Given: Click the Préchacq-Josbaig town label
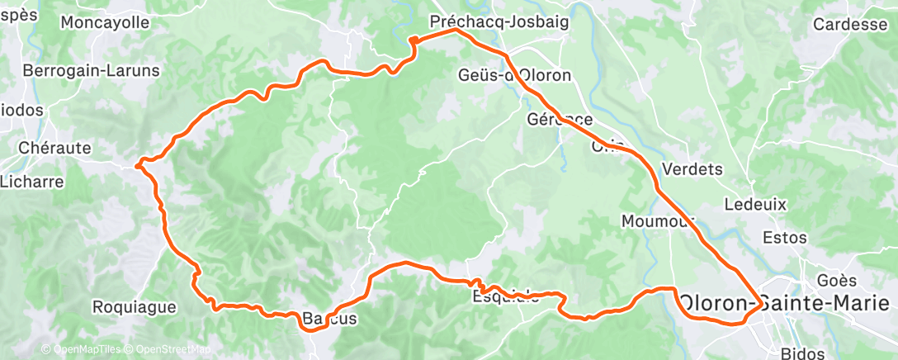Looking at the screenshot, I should tap(500, 22).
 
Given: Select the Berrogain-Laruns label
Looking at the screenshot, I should tap(91, 71).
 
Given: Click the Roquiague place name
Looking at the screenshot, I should tap(134, 307).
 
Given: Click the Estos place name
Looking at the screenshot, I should tap(784, 237).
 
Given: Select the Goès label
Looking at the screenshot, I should tap(831, 280).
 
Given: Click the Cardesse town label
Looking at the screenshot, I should tap(849, 24).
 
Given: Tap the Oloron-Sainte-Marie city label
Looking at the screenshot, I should tap(787, 302).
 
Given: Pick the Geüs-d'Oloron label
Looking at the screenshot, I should tap(514, 75).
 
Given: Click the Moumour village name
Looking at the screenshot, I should tap(658, 221).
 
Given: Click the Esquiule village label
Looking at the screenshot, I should tap(506, 297).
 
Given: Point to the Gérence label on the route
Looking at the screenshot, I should tap(560, 120).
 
